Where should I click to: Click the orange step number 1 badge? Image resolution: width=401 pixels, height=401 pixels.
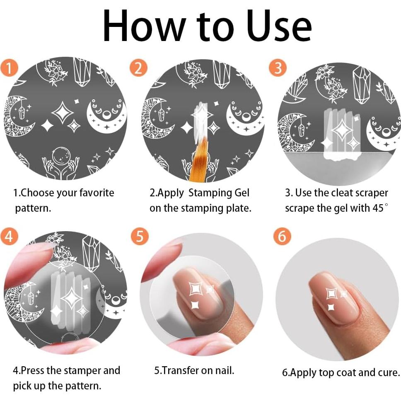(9, 68)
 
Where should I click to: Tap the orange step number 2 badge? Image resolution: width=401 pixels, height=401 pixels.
(138, 68)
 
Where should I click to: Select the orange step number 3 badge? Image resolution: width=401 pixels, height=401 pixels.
(278, 68)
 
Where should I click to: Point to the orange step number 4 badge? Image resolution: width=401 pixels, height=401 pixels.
(9, 236)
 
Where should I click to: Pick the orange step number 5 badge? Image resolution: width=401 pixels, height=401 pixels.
(140, 236)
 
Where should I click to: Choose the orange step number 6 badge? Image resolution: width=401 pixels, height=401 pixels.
(282, 236)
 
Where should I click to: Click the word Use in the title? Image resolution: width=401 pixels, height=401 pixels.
(279, 26)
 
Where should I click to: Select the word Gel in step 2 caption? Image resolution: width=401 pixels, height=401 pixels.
(242, 193)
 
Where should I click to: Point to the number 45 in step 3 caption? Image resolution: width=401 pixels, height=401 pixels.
(378, 208)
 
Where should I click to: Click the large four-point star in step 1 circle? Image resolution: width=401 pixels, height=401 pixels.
(63, 113)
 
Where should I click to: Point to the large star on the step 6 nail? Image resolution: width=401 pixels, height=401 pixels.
(332, 293)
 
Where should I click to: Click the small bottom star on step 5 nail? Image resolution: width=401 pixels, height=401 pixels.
(196, 305)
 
